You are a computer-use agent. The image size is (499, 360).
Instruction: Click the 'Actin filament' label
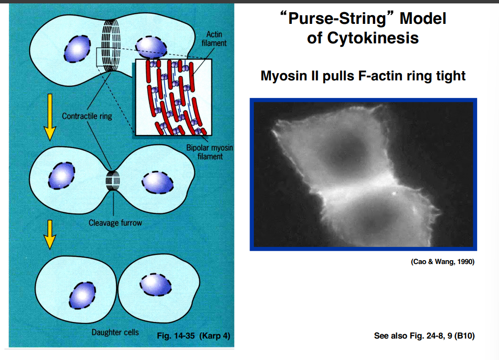click(x=214, y=38)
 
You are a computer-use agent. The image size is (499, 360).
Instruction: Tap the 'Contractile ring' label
click(x=87, y=116)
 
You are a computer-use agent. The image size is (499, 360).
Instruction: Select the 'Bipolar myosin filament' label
click(x=210, y=152)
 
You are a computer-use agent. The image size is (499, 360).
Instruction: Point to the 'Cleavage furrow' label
click(x=115, y=223)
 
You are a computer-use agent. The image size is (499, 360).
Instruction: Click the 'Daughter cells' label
click(x=115, y=332)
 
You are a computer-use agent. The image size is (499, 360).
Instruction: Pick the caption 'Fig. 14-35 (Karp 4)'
click(x=193, y=336)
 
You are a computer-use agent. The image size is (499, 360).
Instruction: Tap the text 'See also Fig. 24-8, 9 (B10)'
click(x=424, y=336)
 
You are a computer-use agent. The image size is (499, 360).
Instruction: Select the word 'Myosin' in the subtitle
click(x=282, y=76)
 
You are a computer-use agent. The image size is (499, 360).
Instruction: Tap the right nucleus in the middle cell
click(x=157, y=181)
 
